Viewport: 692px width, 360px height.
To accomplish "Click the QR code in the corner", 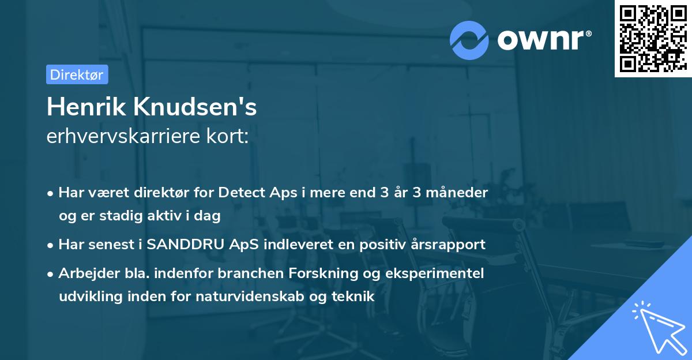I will click(x=653, y=39).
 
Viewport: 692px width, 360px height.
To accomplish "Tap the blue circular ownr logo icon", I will click(x=469, y=40).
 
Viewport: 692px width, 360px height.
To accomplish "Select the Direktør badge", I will click(x=77, y=74).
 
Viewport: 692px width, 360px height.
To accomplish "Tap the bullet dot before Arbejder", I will click(x=51, y=273).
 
